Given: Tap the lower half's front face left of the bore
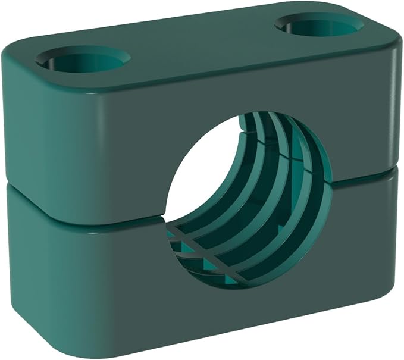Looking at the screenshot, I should coord(89,262).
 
